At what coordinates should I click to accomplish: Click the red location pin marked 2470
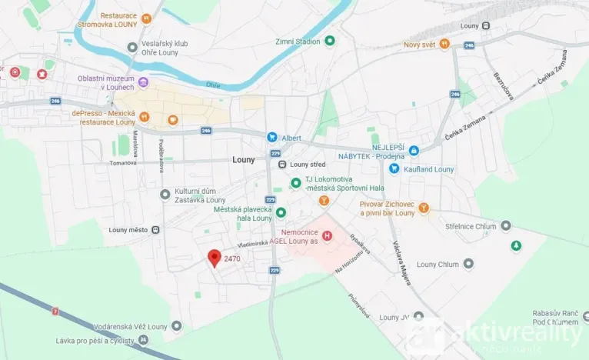click(215, 258)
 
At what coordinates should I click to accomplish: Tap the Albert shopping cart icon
click(271, 137)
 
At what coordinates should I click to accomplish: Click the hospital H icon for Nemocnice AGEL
click(328, 235)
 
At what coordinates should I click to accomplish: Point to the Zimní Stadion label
click(298, 42)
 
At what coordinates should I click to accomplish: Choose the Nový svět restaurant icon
click(444, 45)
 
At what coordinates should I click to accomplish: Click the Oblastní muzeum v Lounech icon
click(143, 82)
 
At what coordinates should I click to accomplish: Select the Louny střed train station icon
click(282, 163)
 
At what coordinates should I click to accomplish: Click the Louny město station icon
click(156, 229)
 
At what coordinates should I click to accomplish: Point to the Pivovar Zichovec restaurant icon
click(423, 208)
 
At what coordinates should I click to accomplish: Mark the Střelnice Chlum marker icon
click(505, 225)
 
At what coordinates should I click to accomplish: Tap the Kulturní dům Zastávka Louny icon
click(164, 194)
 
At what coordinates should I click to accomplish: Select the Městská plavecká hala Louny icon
click(281, 212)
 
